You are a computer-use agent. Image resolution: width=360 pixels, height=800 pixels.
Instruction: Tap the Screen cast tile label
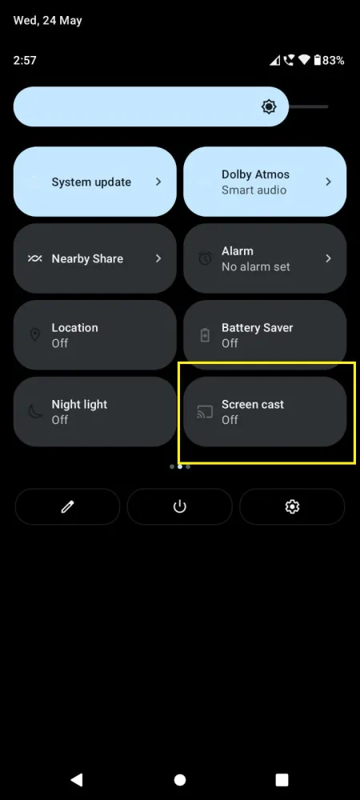coord(253,405)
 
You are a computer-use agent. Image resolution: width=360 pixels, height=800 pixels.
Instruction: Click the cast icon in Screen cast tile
coord(205,412)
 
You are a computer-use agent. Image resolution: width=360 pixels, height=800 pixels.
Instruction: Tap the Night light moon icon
coord(35,412)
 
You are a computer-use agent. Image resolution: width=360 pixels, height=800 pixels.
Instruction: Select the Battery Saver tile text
coord(257,328)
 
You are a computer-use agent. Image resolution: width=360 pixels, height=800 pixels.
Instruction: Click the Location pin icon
coord(35,335)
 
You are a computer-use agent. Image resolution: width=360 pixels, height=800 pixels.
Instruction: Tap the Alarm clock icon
coord(205,258)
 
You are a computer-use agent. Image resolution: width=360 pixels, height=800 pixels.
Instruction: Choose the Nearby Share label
coord(87,259)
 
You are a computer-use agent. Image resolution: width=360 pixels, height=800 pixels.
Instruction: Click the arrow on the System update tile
coord(158,182)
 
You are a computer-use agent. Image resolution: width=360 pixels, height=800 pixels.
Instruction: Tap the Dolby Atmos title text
coord(255,174)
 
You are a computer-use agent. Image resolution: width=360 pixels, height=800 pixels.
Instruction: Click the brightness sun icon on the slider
coord(269,106)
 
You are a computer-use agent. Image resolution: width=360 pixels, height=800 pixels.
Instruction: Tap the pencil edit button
coord(67,506)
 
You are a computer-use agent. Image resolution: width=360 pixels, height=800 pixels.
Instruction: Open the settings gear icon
coord(292,506)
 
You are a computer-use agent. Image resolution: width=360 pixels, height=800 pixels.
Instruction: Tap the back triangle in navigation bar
coord(77,779)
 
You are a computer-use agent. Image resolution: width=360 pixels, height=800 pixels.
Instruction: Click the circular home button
coord(180,779)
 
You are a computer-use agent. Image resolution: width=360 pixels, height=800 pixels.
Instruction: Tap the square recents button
coord(282,779)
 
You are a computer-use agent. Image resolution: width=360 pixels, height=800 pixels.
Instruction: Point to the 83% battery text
coord(334,60)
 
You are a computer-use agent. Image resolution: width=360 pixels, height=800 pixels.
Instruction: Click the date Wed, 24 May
coord(47,20)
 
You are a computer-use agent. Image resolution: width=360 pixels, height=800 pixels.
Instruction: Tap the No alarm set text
coord(255,266)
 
